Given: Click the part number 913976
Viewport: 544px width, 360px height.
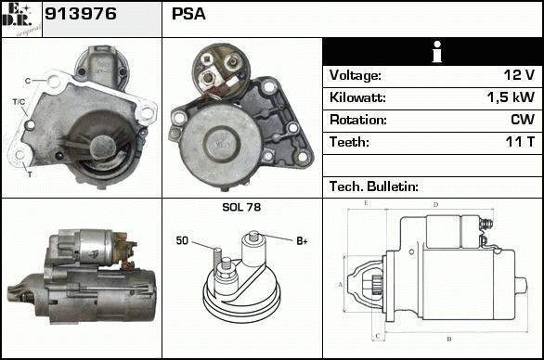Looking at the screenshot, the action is point(81,14).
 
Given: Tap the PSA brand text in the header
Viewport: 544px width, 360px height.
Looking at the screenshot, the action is point(188,14).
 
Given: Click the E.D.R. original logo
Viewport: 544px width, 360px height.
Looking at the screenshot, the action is point(21,19).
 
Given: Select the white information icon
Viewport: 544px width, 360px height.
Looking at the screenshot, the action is point(437,52).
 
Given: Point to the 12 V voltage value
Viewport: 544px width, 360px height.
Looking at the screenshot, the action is point(519,75).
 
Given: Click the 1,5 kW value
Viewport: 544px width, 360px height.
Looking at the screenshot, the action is point(511,97).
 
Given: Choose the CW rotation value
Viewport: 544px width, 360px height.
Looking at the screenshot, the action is point(523,120).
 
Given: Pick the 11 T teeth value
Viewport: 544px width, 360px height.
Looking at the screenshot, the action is point(520,142).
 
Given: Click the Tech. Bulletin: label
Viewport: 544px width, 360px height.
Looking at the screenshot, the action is point(374,186).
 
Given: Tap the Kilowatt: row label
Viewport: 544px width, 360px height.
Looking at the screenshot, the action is point(357,97).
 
